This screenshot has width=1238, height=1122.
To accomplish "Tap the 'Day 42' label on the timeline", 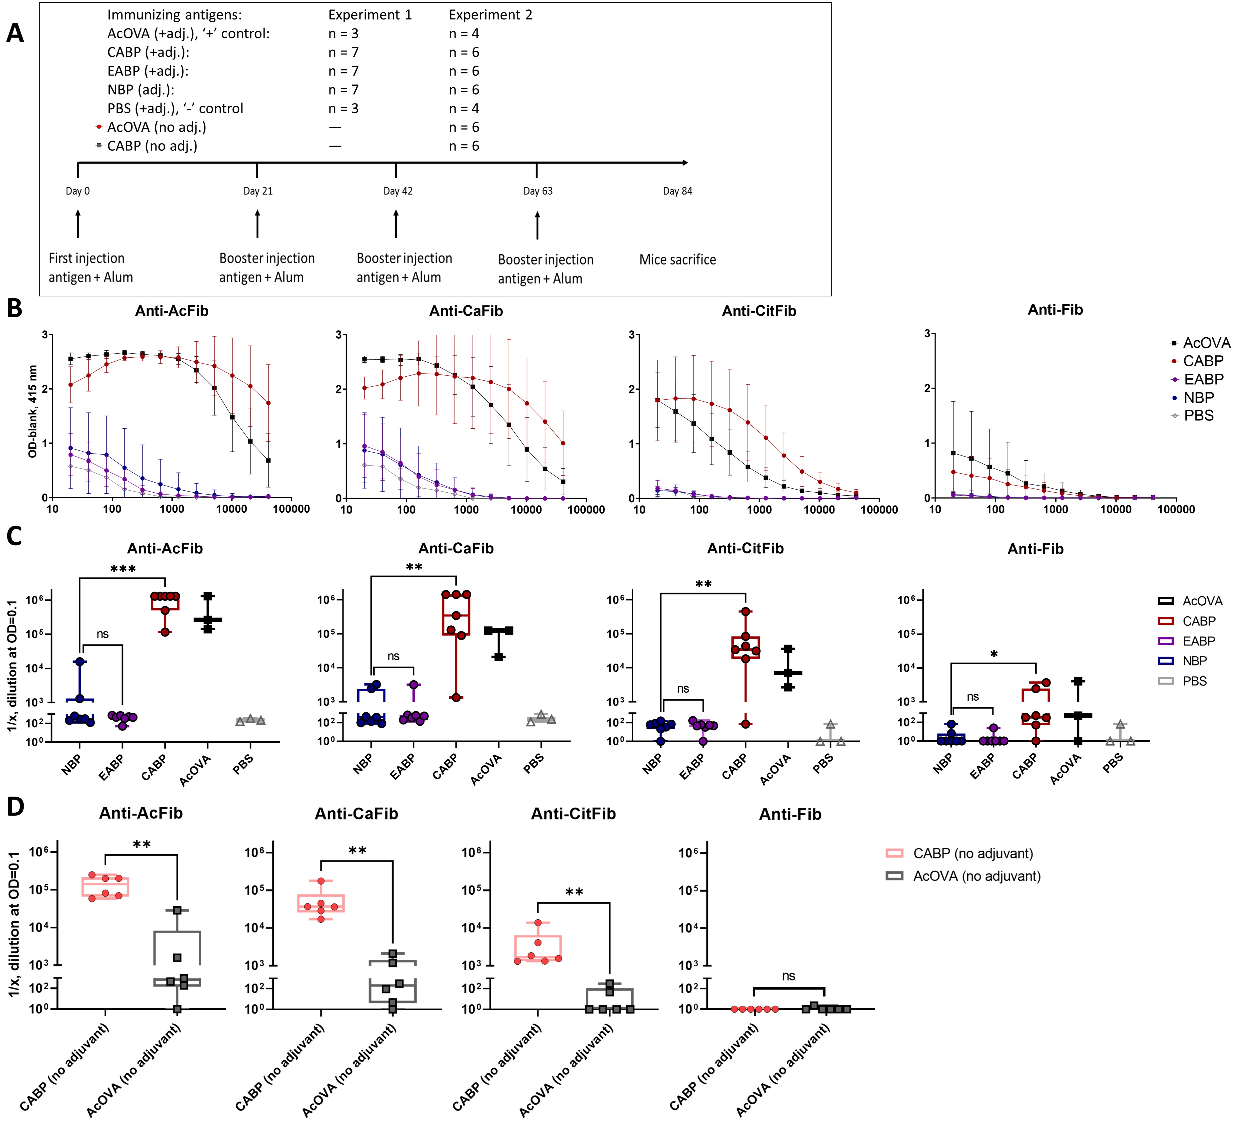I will (398, 191).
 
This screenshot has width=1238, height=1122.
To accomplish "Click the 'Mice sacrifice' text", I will (677, 260).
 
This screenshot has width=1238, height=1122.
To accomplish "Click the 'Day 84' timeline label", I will (677, 191).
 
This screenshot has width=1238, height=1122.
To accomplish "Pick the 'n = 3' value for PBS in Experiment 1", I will (343, 109).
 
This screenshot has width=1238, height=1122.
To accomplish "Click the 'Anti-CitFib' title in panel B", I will (759, 311).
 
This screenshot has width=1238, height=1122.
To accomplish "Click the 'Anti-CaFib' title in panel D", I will (356, 814).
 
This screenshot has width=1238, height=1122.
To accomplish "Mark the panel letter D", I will (15, 807).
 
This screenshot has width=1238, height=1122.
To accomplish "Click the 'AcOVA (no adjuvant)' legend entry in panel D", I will (976, 876).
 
